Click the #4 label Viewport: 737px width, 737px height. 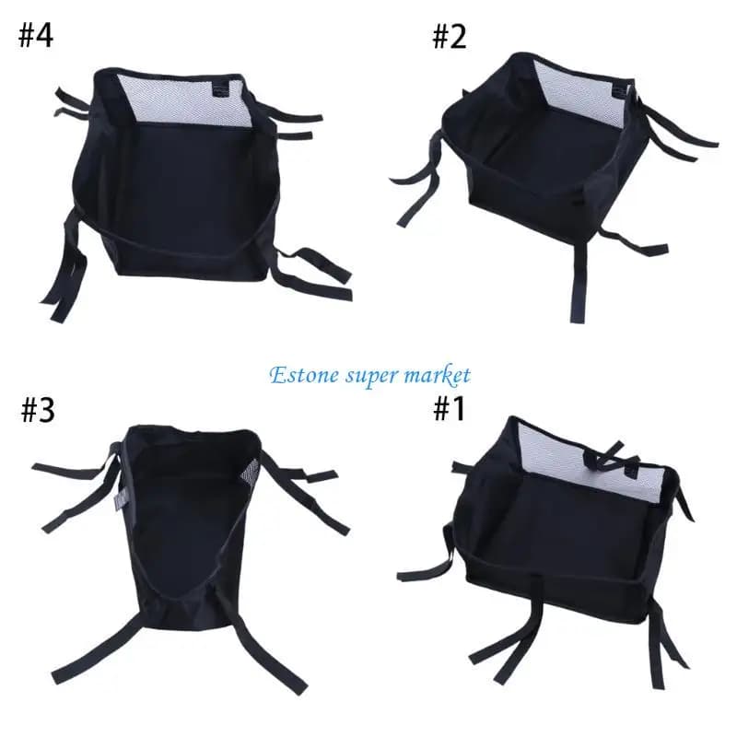coord(36,36)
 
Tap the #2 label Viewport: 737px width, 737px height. coord(450,37)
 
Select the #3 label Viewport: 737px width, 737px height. coord(38,410)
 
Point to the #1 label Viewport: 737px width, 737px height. coord(449,408)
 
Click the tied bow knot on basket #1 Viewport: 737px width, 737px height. coord(603,454)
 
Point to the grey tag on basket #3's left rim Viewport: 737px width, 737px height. coord(119,501)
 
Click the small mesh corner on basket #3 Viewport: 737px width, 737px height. coord(251,472)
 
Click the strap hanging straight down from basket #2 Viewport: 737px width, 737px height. coord(579,281)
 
